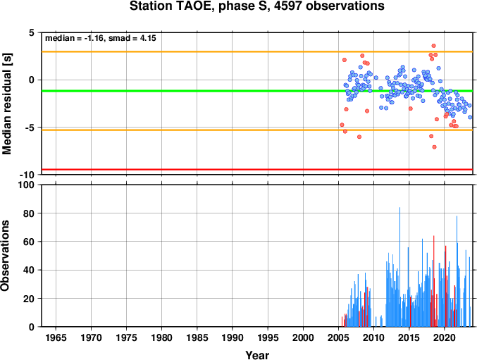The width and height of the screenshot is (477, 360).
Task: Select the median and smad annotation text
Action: point(101,38)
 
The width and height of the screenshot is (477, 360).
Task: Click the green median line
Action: point(257,91)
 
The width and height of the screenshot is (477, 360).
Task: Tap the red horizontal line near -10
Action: point(257,169)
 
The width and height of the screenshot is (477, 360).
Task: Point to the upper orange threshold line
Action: point(257,51)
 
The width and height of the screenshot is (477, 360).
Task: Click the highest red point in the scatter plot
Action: point(434,46)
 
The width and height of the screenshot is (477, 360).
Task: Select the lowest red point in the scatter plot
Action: point(435,147)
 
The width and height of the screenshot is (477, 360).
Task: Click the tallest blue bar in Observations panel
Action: point(399,267)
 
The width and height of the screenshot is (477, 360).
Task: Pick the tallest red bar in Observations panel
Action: point(434,281)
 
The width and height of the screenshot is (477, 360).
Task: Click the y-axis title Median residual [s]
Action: point(6,104)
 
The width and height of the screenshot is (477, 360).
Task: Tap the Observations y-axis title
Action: point(5,256)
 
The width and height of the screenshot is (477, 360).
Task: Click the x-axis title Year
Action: point(257,355)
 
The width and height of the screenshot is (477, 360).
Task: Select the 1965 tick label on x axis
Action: point(56,337)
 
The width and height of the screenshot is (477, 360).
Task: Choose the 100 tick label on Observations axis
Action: point(27,185)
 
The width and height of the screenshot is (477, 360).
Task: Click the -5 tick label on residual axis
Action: point(30,128)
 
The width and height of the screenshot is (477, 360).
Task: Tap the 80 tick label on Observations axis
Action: point(29,213)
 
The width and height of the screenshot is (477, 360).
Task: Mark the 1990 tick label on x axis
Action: point(233,337)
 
